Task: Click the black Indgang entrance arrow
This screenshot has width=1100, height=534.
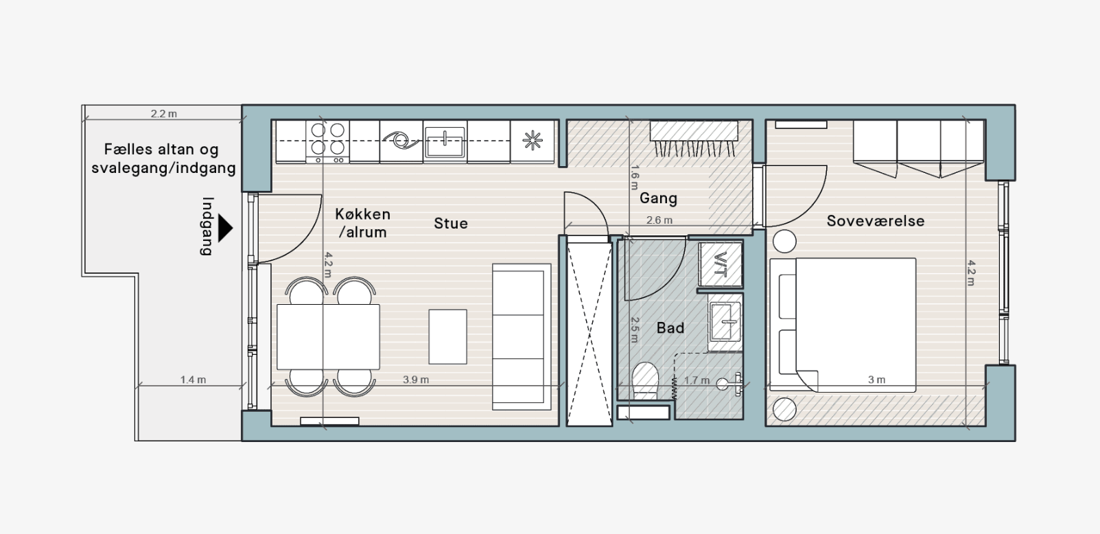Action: point(224,228)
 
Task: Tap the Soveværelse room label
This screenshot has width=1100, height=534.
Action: point(876,221)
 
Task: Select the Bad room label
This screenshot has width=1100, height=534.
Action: point(670,327)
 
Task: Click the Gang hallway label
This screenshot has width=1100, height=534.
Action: point(658,198)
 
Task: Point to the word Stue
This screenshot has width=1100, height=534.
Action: point(451,224)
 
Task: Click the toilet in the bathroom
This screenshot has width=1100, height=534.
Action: point(645,380)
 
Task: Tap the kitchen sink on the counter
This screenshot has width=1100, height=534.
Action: point(445,141)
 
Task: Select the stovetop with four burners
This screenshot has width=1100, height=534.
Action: point(327,141)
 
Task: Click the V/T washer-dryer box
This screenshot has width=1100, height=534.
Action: point(721,264)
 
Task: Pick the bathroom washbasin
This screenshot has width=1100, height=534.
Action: point(725,323)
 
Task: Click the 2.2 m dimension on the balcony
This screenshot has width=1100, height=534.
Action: point(163,114)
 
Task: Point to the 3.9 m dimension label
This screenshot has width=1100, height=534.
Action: point(415,380)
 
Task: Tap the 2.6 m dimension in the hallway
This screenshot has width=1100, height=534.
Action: point(659,220)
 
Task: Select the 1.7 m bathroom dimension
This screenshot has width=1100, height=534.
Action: point(697,380)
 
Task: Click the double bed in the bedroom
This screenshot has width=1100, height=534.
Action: point(843,325)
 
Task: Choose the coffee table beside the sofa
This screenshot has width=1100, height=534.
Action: point(447,336)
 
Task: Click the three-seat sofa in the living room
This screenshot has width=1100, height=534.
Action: point(522,336)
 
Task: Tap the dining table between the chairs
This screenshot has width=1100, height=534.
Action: point(328,336)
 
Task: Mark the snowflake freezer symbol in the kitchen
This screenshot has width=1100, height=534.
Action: point(533,141)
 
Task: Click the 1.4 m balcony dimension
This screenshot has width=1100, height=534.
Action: point(193,380)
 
